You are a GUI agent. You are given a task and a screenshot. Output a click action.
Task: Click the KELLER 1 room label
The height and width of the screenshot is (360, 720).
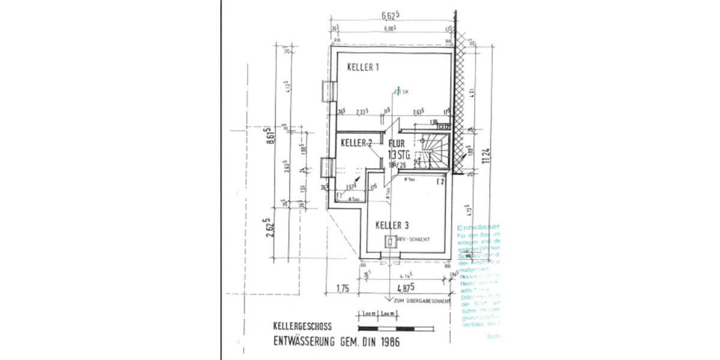(x=363, y=68)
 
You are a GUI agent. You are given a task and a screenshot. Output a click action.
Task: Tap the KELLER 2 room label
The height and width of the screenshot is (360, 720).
(x=356, y=142)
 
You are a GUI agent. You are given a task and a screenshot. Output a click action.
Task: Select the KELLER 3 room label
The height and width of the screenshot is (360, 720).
(x=392, y=225)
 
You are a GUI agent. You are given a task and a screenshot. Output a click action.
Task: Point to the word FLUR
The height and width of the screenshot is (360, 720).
(x=397, y=143)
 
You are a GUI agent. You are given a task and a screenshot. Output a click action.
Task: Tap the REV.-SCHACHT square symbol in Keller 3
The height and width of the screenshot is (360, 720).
(x=389, y=242)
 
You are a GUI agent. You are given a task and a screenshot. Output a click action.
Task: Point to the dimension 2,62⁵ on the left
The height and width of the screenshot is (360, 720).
(x=271, y=229)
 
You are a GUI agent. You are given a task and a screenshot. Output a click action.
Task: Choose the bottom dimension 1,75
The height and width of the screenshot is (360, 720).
(x=342, y=286)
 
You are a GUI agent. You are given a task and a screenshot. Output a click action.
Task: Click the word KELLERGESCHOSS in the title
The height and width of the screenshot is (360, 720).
(x=301, y=328)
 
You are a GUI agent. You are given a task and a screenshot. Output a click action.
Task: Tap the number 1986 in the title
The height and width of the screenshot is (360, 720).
(x=385, y=343)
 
